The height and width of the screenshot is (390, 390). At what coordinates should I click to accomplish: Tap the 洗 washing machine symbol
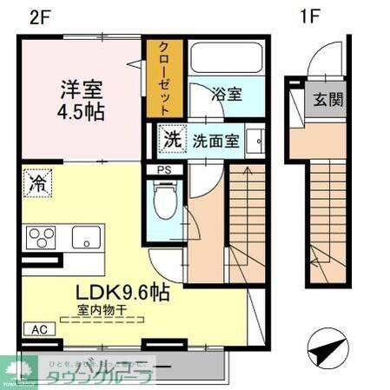tap(172, 138)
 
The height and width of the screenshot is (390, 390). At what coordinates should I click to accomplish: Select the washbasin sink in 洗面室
tap(257, 140)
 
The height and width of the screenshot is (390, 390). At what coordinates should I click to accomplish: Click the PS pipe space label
tap(164, 170)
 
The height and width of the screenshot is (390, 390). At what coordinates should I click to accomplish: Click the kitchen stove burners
tap(40, 237)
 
